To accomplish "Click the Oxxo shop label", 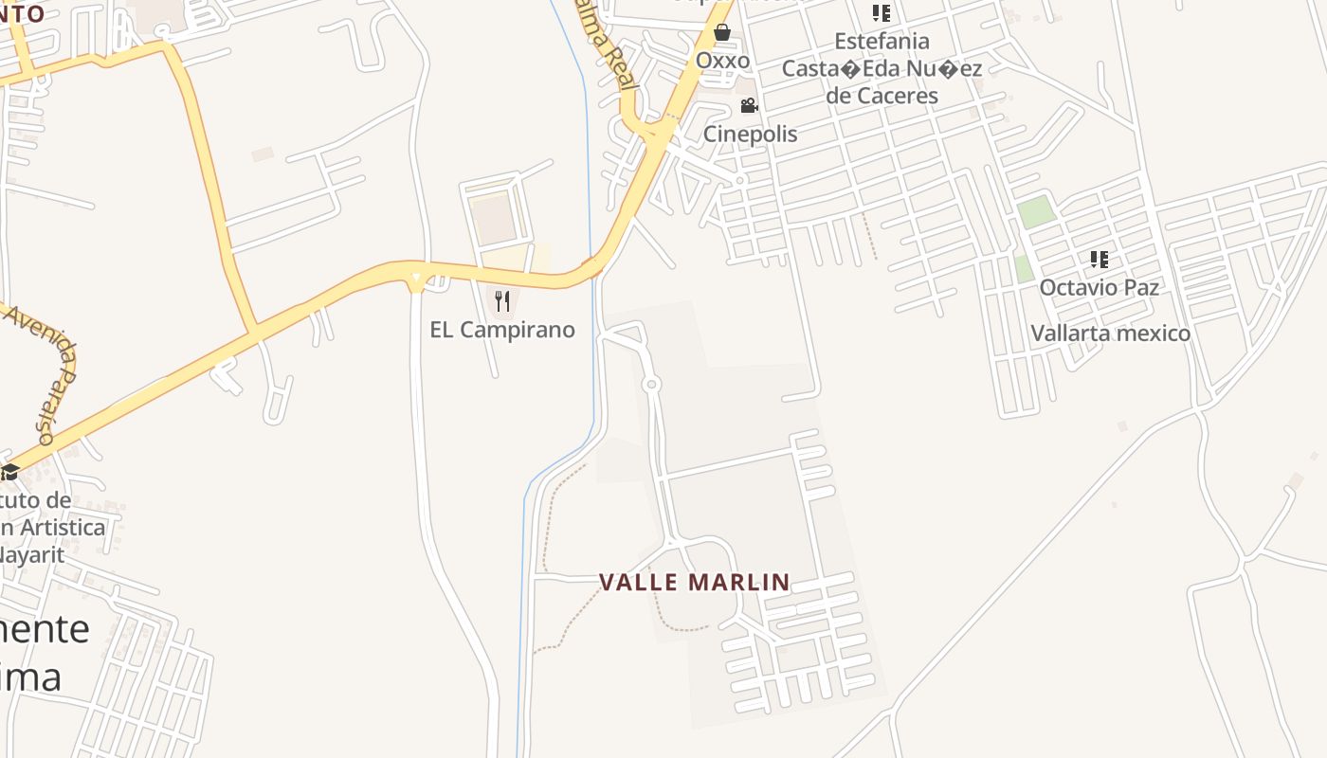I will (722, 61).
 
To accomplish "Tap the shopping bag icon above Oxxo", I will (722, 33).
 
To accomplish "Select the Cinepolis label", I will (750, 134).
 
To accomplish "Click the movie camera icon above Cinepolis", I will (749, 105).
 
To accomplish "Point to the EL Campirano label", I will (502, 330).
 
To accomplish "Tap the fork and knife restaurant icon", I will (502, 301).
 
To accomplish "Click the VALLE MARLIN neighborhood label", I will (695, 582).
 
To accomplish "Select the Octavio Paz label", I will (1099, 287).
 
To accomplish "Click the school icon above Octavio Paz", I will (1099, 259).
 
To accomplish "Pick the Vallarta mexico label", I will (1110, 334).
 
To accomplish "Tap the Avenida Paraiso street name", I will (45, 374).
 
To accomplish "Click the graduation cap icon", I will (9, 471).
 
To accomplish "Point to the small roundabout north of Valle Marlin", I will (651, 384).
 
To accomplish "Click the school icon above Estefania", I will (882, 13).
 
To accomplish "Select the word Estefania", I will (882, 42).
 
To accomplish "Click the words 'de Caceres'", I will (882, 96).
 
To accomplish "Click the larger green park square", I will (1036, 211).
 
